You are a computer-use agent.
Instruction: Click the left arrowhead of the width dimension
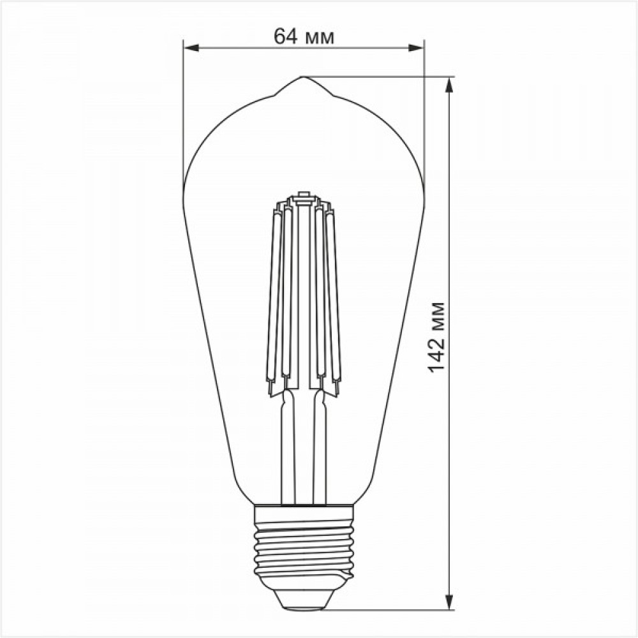tap(191, 48)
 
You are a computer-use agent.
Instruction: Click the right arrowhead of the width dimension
tap(416, 48)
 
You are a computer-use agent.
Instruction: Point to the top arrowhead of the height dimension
tap(449, 85)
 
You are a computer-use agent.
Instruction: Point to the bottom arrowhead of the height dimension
tap(449, 602)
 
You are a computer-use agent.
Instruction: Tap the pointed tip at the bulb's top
tap(302, 77)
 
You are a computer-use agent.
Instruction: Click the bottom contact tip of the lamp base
tap(304, 608)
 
